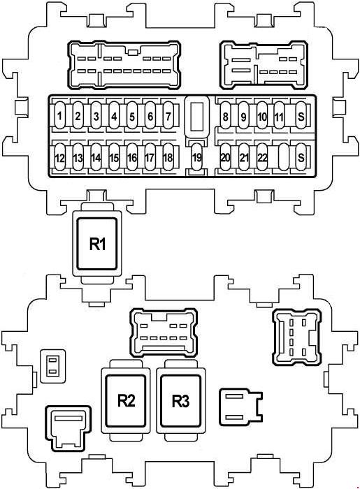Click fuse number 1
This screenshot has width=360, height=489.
click(x=59, y=115)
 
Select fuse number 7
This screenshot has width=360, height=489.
click(x=168, y=115)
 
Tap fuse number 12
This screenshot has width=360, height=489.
click(x=59, y=157)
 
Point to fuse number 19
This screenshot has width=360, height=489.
click(x=196, y=157)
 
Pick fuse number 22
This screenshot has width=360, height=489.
click(x=262, y=157)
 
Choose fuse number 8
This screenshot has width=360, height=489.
click(x=225, y=115)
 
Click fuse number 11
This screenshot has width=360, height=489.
click(x=279, y=115)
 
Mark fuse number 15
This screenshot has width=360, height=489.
click(x=114, y=157)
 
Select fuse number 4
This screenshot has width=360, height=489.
click(x=114, y=115)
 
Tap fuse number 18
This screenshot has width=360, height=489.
click(x=168, y=157)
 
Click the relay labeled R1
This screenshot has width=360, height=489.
click(x=97, y=244)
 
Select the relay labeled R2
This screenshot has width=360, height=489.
click(x=126, y=401)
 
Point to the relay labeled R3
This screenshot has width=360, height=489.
click(x=180, y=401)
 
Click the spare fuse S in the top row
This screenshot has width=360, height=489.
click(x=301, y=115)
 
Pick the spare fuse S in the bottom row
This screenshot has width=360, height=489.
click(x=301, y=157)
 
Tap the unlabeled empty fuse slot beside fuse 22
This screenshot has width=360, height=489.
click(x=283, y=157)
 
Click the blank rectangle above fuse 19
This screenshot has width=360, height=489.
click(x=196, y=117)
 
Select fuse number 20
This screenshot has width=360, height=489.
click(x=225, y=157)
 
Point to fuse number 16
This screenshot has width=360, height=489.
click(x=132, y=157)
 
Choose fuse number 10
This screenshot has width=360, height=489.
click(x=262, y=115)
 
